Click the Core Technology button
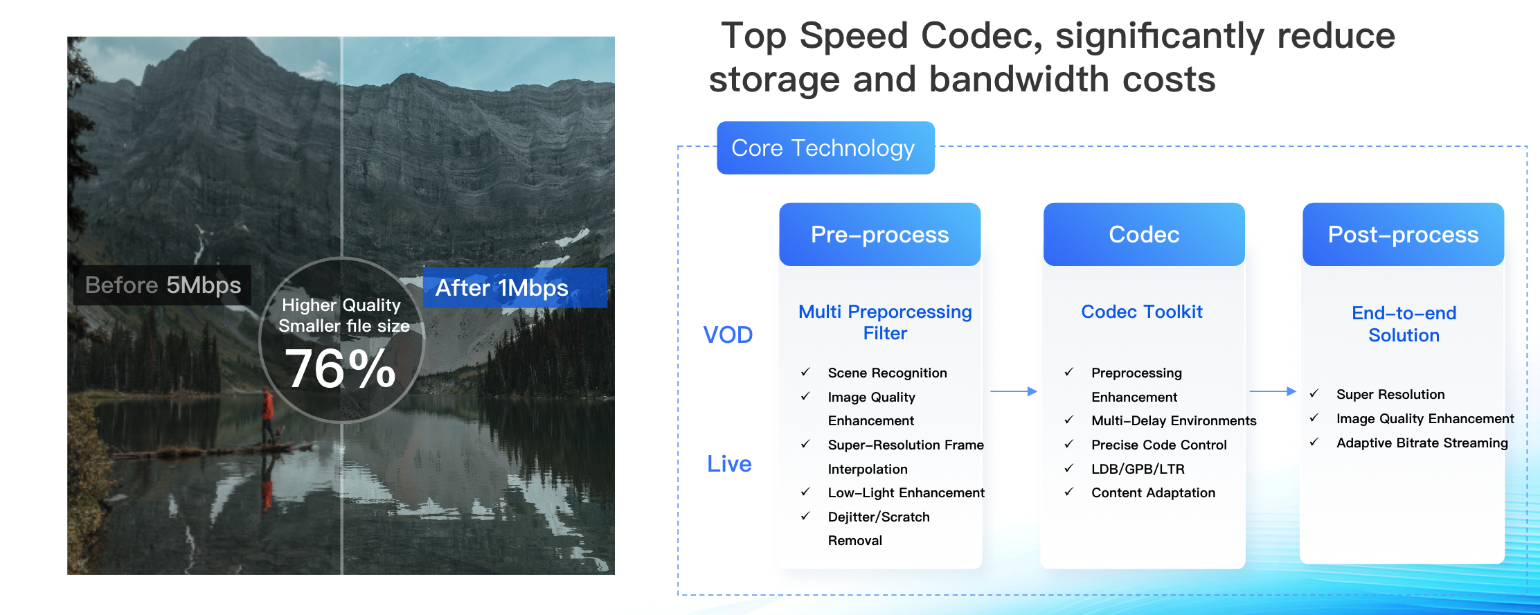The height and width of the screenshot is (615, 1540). [825, 148]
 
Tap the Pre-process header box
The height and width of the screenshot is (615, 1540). [879, 234]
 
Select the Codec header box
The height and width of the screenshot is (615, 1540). [1144, 234]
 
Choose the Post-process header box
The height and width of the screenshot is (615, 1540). [1403, 234]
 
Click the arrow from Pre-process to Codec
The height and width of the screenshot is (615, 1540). [1014, 391]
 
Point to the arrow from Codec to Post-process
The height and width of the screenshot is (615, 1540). [1273, 391]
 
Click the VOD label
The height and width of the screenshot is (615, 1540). [728, 335]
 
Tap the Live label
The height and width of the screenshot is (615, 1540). [729, 463]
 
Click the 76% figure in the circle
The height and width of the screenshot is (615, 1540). [341, 368]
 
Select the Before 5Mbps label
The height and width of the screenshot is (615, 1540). [163, 285]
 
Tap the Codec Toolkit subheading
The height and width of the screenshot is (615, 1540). [1142, 312]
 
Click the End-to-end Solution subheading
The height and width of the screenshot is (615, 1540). [1404, 324]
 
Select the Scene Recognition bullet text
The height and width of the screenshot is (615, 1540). [887, 373]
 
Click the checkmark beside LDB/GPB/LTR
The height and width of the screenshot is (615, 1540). [1069, 468]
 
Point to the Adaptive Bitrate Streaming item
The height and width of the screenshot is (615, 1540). [1422, 443]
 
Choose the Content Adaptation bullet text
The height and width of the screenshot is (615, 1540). [1153, 492]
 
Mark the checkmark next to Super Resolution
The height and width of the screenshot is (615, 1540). [1314, 393]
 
